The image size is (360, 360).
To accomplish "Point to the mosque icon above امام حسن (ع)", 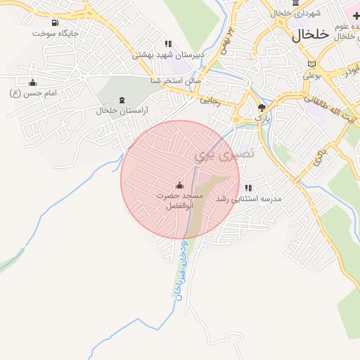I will click(x=32, y=82).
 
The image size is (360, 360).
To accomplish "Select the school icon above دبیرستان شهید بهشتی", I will click(x=167, y=44).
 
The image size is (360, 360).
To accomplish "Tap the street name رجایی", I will click(x=211, y=101).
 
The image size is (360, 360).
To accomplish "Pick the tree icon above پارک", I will click(x=262, y=108).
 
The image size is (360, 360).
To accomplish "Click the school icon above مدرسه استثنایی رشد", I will click(x=248, y=188).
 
